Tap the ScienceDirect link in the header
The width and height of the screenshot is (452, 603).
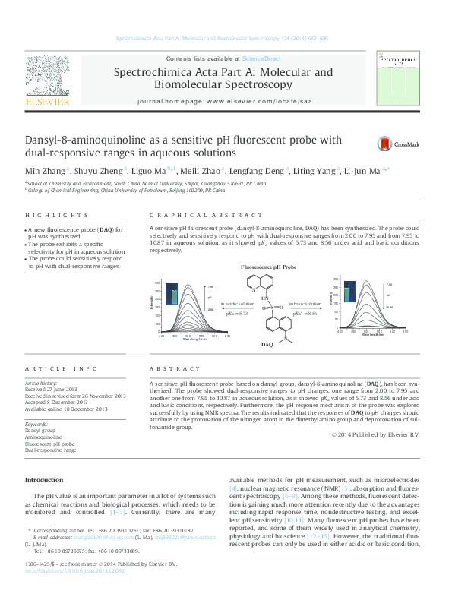261,58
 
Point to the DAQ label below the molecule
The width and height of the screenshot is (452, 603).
267,344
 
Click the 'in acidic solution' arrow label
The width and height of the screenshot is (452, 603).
238,303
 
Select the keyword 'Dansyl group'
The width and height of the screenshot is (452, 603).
40,430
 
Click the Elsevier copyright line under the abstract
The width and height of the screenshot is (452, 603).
375,434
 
